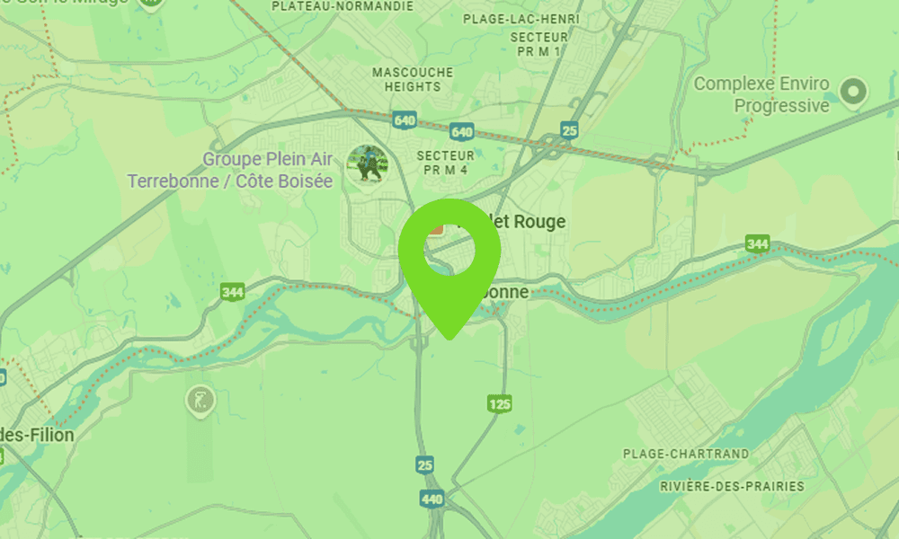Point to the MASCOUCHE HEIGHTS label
click(x=413, y=79)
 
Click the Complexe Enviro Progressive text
click(x=761, y=95)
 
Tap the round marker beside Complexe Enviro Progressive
click(x=852, y=90)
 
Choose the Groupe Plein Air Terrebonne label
click(x=230, y=171)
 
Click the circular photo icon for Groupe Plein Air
click(x=367, y=163)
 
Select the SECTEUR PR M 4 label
click(x=445, y=162)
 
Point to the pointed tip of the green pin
click(x=449, y=339)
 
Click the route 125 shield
click(x=500, y=404)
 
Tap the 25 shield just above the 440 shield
click(x=425, y=464)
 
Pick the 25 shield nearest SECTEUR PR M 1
click(x=568, y=130)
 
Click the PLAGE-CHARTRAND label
click(x=685, y=455)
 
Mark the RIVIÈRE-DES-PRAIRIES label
click(x=732, y=486)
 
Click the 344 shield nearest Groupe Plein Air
click(x=232, y=291)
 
